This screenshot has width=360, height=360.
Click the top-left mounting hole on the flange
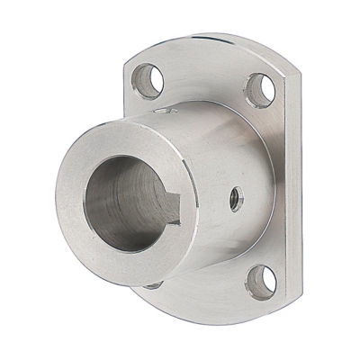click(146, 81)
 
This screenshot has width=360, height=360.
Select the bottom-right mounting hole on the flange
click(260, 282)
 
